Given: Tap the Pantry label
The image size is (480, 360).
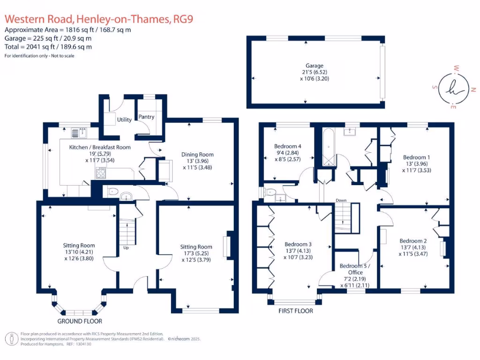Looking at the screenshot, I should click(146, 117).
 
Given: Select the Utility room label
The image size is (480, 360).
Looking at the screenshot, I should click(125, 120).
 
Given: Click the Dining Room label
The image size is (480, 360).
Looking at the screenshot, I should click(197, 154).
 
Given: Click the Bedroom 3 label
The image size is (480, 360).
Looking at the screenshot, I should click(298, 244).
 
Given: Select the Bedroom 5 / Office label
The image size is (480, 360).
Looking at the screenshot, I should click(354, 269).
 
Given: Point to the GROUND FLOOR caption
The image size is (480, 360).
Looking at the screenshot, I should click(80, 321).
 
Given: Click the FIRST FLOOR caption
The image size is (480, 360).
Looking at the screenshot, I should click(295, 311).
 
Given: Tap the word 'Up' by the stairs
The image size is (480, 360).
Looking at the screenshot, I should click(126, 247).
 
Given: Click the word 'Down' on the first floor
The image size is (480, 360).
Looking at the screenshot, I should click(341, 201).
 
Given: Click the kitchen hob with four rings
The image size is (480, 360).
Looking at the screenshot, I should click(101, 173).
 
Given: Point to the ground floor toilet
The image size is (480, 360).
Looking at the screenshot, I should click(112, 192).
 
